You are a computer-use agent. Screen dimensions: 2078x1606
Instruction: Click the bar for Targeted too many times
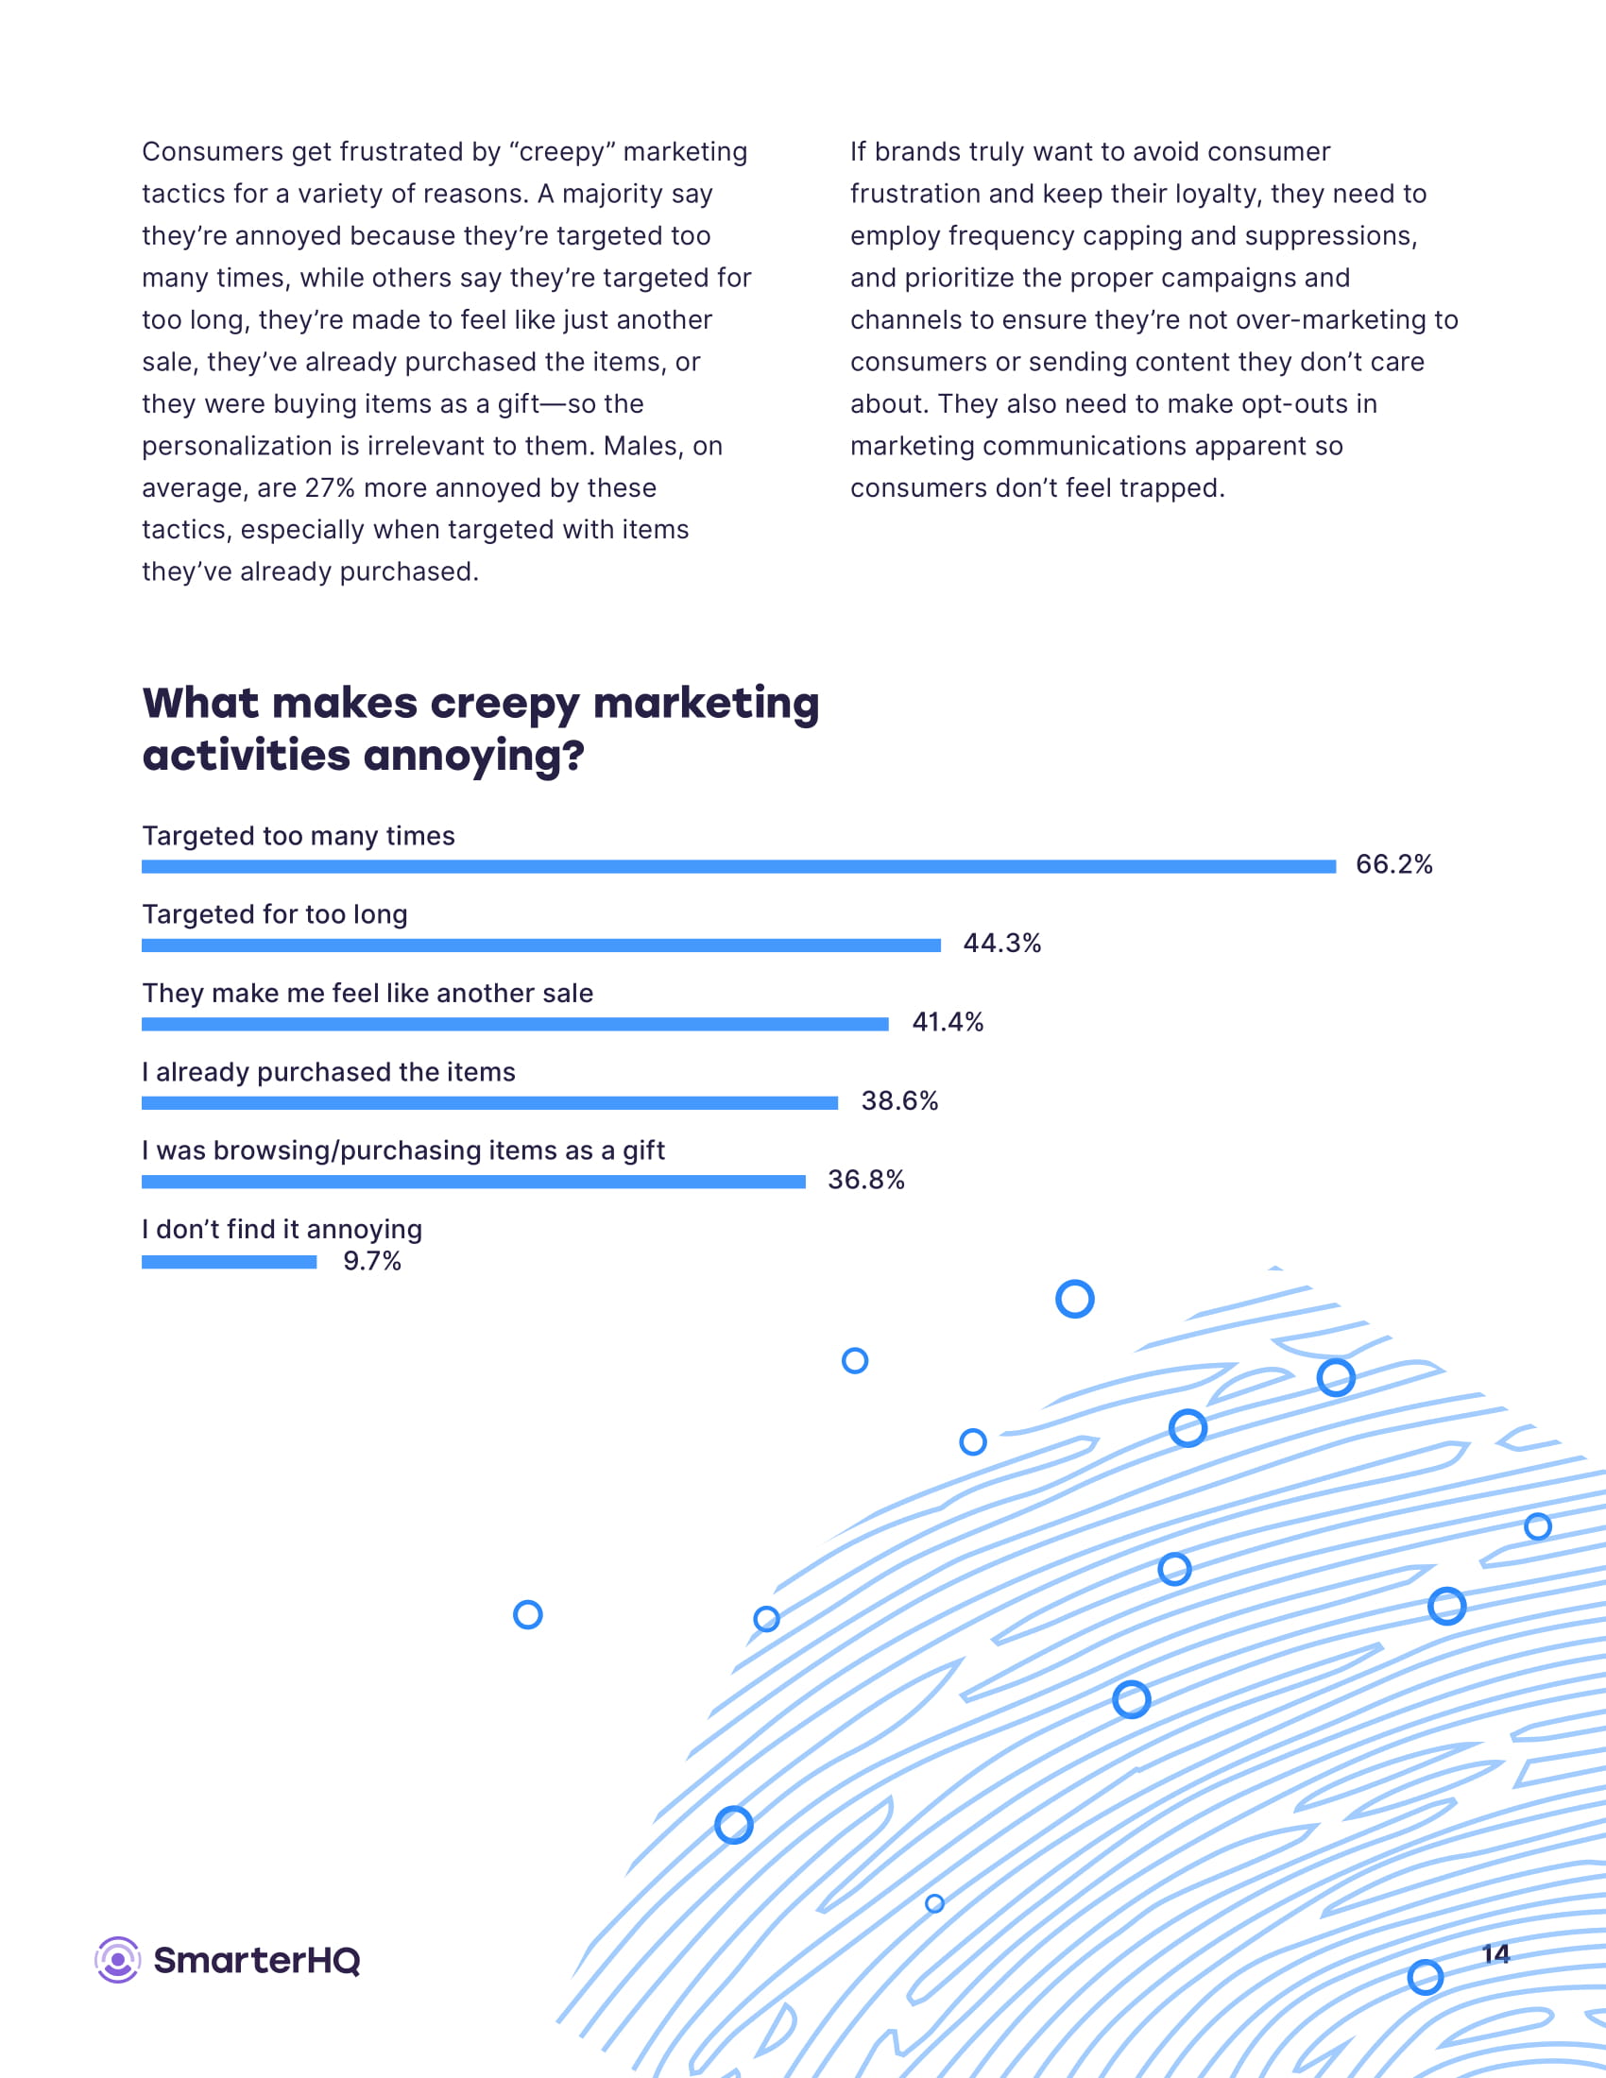pyautogui.click(x=739, y=866)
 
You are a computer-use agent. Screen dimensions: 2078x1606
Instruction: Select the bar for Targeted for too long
pyautogui.click(x=540, y=945)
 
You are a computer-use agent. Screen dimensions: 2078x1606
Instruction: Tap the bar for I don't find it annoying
pyautogui.click(x=230, y=1262)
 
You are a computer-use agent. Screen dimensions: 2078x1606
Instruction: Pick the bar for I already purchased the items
pyautogui.click(x=489, y=1102)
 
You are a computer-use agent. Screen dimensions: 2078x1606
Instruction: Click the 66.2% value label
pyautogui.click(x=1392, y=864)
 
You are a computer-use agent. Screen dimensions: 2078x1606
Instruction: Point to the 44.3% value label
pyautogui.click(x=1000, y=943)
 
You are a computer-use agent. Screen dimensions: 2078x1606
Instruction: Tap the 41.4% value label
pyautogui.click(x=947, y=1022)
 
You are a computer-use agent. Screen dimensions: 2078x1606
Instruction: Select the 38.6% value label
pyautogui.click(x=899, y=1100)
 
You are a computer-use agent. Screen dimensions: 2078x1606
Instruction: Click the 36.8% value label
pyautogui.click(x=864, y=1180)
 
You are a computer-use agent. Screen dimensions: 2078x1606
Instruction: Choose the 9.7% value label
pyautogui.click(x=372, y=1261)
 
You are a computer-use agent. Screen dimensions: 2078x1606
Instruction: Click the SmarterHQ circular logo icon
pyautogui.click(x=118, y=1960)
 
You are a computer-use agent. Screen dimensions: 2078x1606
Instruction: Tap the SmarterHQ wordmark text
pyautogui.click(x=257, y=1961)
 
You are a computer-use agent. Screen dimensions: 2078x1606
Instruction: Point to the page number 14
pyautogui.click(x=1495, y=1954)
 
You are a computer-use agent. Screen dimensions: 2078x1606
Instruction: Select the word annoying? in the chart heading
pyautogui.click(x=473, y=758)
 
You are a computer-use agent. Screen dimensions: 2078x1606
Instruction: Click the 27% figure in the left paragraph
pyautogui.click(x=329, y=488)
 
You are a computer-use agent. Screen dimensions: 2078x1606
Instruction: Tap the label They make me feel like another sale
pyautogui.click(x=367, y=994)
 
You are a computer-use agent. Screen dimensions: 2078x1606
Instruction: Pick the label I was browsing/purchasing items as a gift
pyautogui.click(x=403, y=1150)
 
